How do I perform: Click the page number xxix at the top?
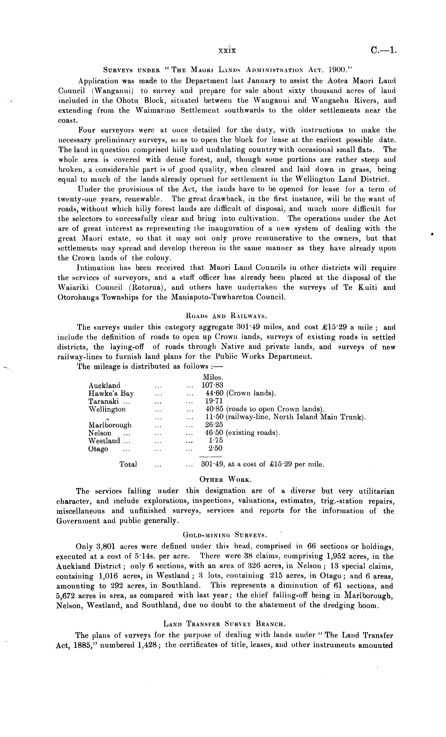coord(227,50)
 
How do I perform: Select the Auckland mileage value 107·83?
coord(212,385)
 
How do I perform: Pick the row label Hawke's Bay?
coord(111,393)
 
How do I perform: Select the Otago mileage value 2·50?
coord(215,449)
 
